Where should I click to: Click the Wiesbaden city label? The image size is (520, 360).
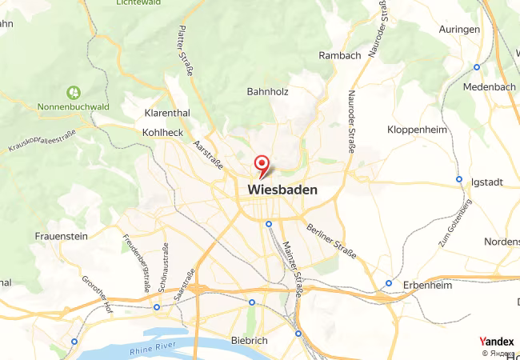tap(282, 190)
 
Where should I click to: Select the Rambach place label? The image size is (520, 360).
tap(340, 55)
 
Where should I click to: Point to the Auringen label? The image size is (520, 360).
tap(459, 29)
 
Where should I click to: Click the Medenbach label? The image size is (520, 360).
tap(490, 86)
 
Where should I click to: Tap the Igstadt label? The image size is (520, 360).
tap(488, 182)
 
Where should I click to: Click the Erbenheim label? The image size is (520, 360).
tap(426, 285)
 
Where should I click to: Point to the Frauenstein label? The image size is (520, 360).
tap(62, 236)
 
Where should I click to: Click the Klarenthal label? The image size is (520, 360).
tap(166, 113)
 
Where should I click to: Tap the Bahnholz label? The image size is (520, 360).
tap(267, 91)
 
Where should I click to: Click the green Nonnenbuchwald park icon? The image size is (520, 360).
tap(74, 93)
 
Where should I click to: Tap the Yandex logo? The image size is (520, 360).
tap(496, 342)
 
